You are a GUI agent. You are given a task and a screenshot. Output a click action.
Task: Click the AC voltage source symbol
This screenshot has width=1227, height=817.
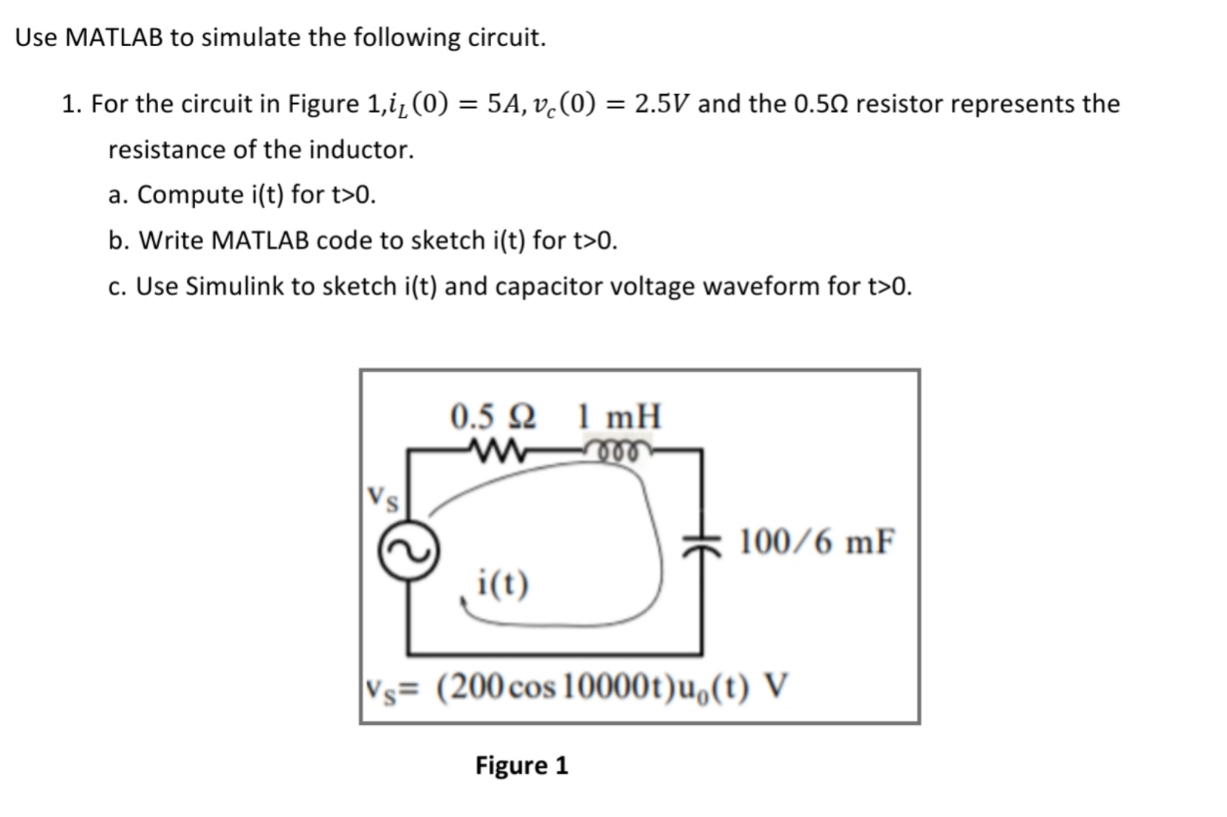[409, 552]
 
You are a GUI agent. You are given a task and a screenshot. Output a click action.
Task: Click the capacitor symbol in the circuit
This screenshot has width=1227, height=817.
[701, 543]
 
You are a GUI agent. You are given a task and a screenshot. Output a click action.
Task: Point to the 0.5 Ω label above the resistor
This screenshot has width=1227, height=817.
[493, 416]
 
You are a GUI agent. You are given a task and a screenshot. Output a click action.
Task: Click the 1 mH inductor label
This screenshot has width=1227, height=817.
[618, 416]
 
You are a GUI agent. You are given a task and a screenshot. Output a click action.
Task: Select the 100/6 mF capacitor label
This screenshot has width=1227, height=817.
[816, 542]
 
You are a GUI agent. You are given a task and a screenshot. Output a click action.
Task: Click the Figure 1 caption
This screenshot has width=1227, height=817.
[522, 766]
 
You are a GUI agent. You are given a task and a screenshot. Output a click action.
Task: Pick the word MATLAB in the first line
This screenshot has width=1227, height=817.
[114, 37]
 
